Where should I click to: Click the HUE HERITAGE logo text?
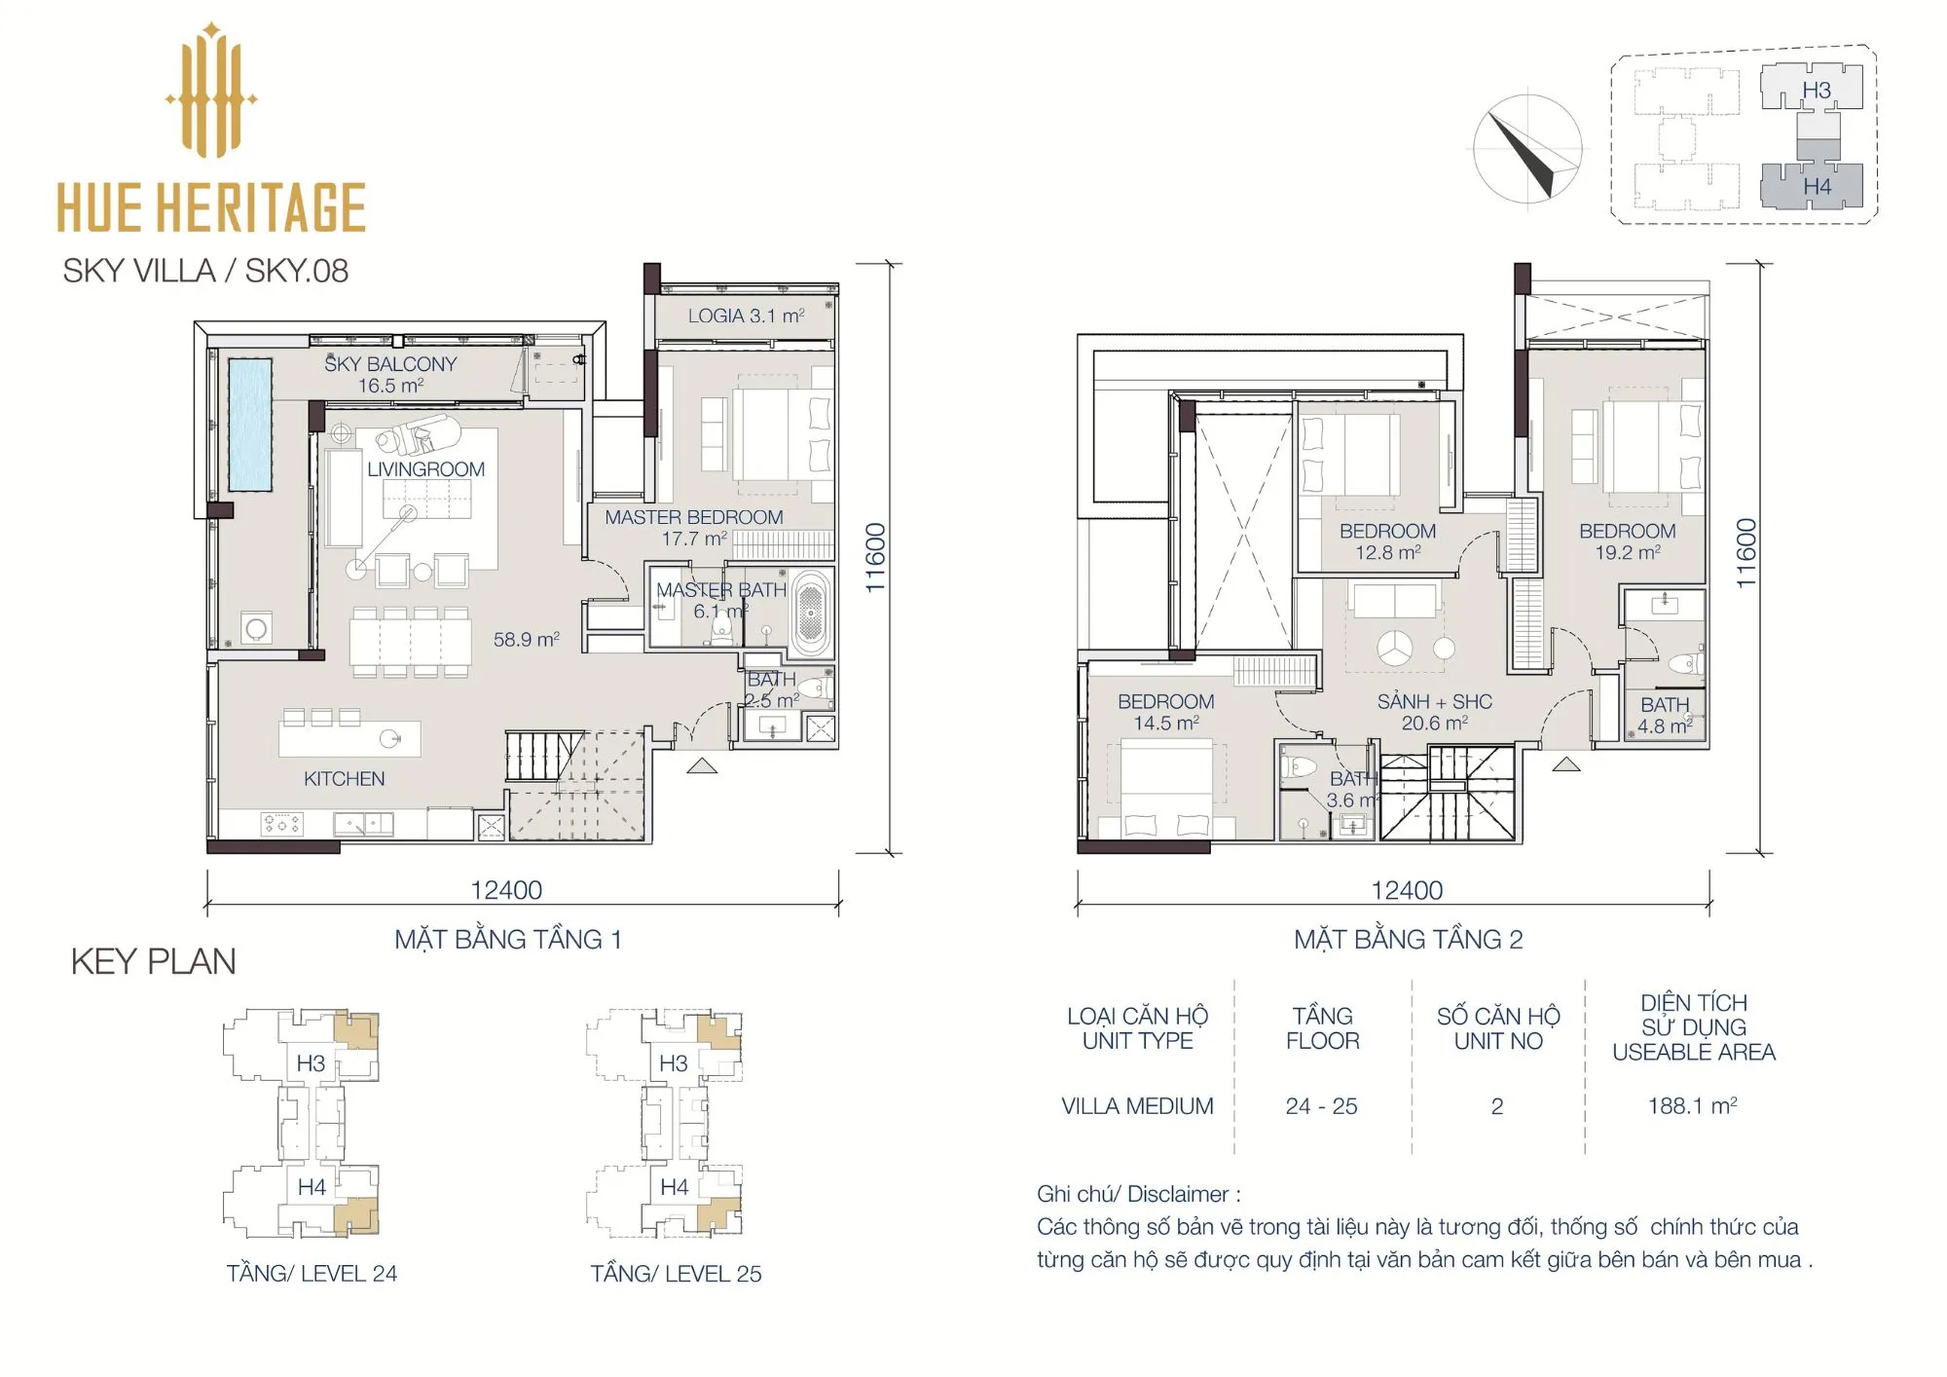(x=211, y=206)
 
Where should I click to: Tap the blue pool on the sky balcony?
(x=250, y=425)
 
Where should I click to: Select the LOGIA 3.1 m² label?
(x=746, y=316)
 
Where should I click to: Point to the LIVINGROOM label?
(x=425, y=469)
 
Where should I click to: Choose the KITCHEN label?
(x=344, y=779)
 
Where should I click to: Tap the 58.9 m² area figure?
(x=526, y=640)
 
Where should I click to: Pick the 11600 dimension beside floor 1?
(x=875, y=558)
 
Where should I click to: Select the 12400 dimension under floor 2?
(x=1407, y=890)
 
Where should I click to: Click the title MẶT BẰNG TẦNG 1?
(x=507, y=939)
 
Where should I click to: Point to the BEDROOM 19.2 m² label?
(x=1628, y=541)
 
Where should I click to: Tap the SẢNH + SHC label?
(x=1434, y=701)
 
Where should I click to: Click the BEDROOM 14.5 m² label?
(x=1166, y=712)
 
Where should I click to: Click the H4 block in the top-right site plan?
(x=1812, y=185)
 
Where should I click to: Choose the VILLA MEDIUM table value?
(x=1137, y=1106)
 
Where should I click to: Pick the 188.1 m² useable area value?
(x=1692, y=1106)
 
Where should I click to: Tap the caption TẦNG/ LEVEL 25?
(x=676, y=1274)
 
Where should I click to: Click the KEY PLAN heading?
(x=153, y=962)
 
